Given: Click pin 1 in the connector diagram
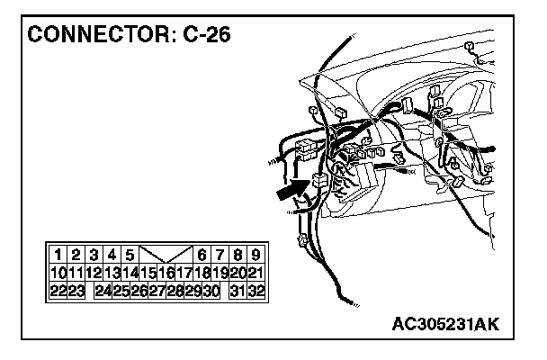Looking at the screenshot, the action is click(58, 255).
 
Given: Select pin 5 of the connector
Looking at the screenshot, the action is click(130, 255).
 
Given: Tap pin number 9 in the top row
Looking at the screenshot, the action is click(256, 255).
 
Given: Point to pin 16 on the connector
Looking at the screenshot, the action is click(166, 273).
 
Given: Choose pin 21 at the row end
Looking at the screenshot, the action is click(256, 273).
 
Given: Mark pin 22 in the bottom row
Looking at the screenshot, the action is click(58, 291).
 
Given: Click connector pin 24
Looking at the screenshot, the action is click(103, 291).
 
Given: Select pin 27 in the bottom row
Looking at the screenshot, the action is click(157, 291).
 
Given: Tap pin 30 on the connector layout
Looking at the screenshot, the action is click(212, 291).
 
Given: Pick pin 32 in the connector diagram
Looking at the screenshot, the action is click(256, 291).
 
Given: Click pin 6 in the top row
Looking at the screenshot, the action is click(202, 255).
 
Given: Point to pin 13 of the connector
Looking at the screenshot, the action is click(112, 273).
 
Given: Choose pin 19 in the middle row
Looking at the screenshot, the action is click(220, 273).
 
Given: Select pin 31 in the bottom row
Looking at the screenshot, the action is click(238, 291).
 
